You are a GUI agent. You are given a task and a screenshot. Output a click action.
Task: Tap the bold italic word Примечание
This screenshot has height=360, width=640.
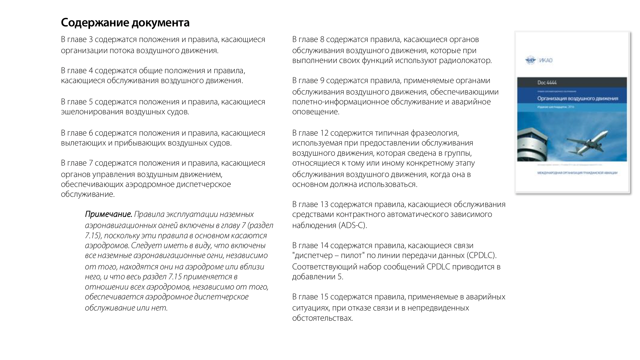[x=108, y=214]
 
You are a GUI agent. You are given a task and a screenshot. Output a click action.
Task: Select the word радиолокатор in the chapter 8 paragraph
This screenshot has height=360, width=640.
[x=465, y=61]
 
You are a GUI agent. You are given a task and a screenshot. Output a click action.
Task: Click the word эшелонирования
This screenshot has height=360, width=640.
[x=92, y=112]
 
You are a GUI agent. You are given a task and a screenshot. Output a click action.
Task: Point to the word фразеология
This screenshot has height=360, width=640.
[x=435, y=133]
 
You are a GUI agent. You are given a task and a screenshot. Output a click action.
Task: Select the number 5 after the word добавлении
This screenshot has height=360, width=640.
[x=340, y=277]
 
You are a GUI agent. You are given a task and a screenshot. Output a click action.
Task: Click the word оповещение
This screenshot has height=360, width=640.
[x=316, y=112]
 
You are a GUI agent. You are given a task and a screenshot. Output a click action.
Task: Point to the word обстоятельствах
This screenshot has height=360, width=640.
[x=322, y=318]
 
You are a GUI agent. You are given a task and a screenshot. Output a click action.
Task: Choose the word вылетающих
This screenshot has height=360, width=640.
[x=83, y=143]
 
